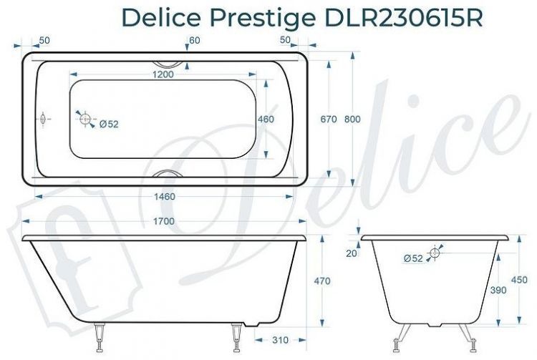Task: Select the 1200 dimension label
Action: click(164, 74)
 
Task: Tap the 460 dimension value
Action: click(266, 120)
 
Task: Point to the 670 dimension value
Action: click(329, 120)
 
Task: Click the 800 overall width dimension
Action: click(353, 120)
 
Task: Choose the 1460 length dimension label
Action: click(165, 196)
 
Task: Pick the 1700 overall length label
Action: click(164, 222)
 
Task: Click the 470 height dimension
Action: click(323, 281)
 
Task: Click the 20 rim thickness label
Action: click(351, 252)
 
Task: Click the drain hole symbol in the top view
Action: click(85, 120)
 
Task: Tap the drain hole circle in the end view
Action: click(434, 253)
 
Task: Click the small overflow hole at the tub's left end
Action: click(44, 119)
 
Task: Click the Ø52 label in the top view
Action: click(109, 124)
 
